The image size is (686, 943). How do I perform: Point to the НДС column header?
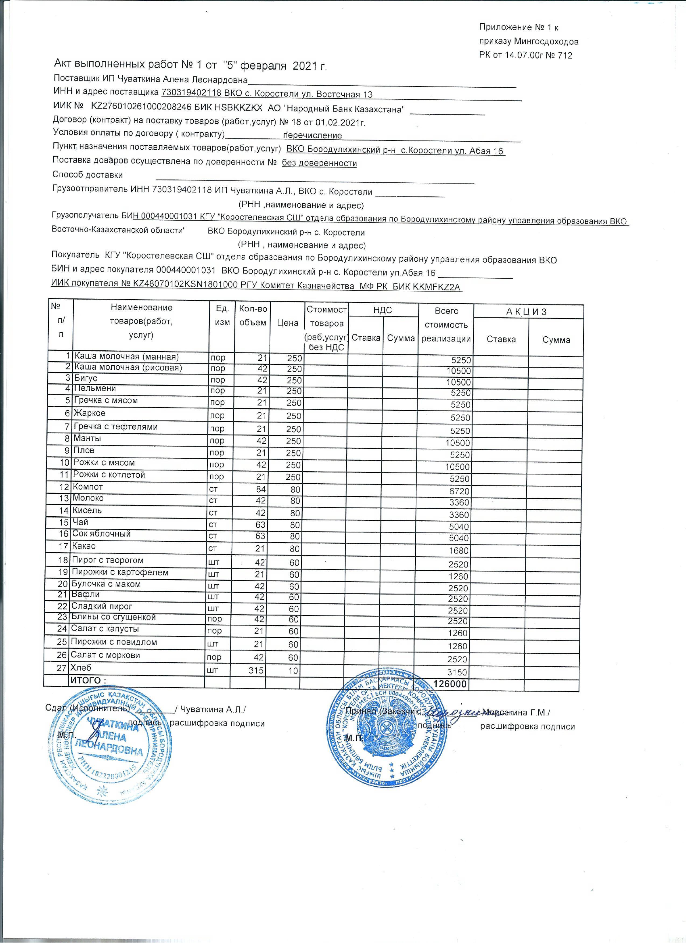tap(383, 310)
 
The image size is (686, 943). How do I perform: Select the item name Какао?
tap(84, 546)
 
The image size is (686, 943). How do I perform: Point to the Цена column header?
tap(287, 323)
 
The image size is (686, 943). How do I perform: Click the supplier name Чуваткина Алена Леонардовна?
tap(182, 80)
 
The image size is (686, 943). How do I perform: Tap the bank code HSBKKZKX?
tap(238, 108)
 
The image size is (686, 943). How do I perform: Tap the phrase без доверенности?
tap(319, 163)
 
